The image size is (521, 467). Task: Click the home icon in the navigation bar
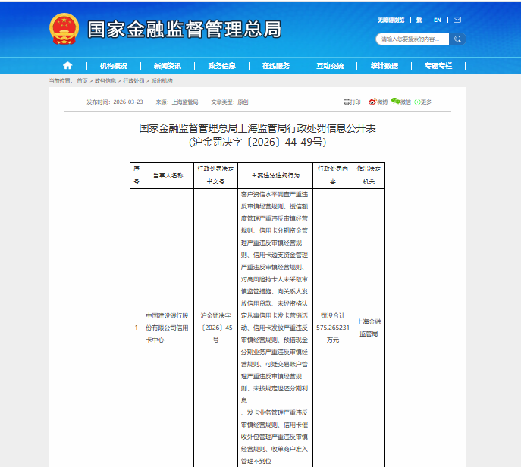pos(67,65)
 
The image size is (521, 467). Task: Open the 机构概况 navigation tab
pos(113,66)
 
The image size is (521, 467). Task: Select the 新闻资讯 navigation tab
pos(167,66)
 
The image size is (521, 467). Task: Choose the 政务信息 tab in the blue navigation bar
pos(221,66)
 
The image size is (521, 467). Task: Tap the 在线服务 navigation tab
pos(276,66)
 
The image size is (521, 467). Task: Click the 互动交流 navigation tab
pos(330,66)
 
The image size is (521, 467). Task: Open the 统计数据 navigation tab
pos(384,66)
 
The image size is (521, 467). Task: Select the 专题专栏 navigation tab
pos(438,66)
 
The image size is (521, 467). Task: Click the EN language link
pos(438,20)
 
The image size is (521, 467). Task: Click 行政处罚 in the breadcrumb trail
pos(133,80)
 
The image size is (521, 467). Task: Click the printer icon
pos(347,102)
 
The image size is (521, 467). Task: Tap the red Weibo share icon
pos(373,102)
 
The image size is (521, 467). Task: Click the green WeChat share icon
pos(395,102)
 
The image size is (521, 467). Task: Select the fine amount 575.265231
pos(334,328)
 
